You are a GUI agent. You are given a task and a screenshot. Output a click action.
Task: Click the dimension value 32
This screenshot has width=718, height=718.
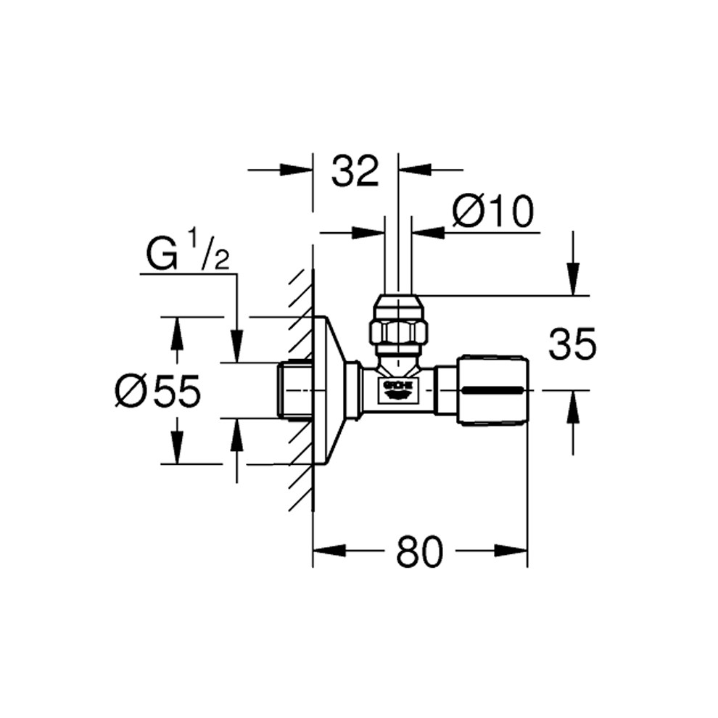[x=355, y=171]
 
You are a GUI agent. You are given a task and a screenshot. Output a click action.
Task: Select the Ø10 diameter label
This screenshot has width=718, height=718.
[x=492, y=212]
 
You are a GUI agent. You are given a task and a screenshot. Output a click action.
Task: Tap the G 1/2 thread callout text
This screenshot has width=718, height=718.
[x=187, y=255]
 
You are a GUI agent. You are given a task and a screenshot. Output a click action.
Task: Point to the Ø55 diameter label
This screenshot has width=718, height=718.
[x=158, y=391]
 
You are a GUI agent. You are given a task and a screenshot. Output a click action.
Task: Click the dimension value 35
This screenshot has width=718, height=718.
[x=572, y=344]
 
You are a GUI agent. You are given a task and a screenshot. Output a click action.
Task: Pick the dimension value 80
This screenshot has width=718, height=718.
[x=420, y=551]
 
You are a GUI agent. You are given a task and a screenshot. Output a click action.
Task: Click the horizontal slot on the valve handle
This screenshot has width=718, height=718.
[x=492, y=391]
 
